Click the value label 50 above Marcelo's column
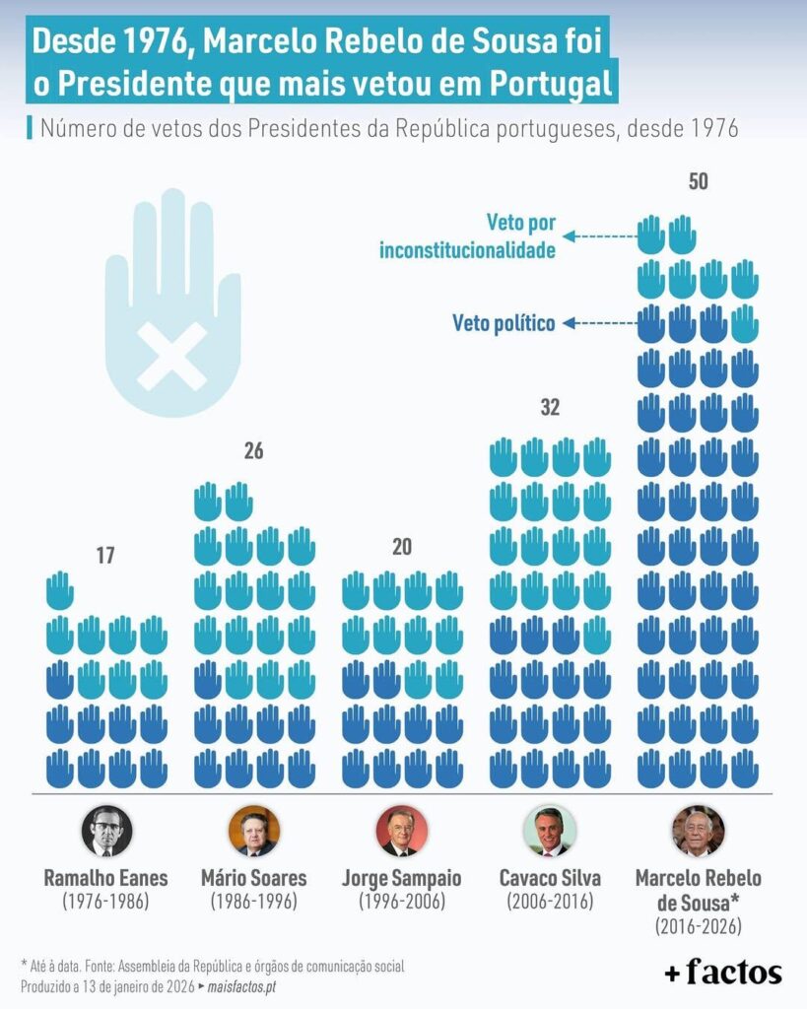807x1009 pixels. (x=698, y=182)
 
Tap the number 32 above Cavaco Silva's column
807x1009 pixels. (x=550, y=407)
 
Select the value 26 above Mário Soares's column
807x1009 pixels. (x=254, y=452)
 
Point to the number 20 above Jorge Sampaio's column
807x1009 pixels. (x=401, y=548)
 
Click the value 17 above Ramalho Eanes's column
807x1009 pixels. (x=105, y=556)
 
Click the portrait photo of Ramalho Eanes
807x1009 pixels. (x=105, y=831)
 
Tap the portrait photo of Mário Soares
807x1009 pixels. (x=254, y=831)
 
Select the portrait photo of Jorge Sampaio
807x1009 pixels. (x=402, y=831)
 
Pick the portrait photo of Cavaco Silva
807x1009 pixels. (x=550, y=831)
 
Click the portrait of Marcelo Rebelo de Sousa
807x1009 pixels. (x=698, y=831)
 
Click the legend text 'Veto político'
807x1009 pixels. (x=504, y=323)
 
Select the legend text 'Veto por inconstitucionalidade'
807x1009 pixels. (x=467, y=236)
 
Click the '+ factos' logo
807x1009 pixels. (x=723, y=973)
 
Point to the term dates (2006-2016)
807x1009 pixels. (x=550, y=902)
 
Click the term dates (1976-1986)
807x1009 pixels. (x=105, y=902)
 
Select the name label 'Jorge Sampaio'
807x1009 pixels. (x=402, y=877)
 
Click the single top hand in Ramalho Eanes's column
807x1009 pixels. (x=60, y=591)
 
